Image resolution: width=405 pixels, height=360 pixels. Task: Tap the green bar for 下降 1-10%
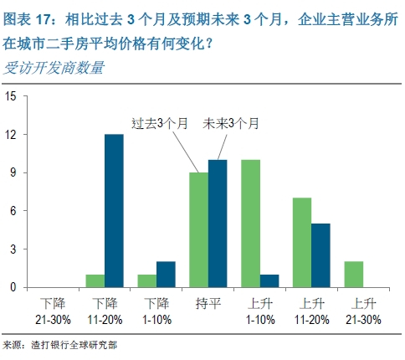click(147, 280)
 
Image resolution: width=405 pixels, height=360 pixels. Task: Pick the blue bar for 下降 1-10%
click(165, 275)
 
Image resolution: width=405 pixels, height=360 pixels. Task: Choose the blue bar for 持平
click(217, 224)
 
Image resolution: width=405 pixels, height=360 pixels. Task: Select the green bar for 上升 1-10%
click(250, 224)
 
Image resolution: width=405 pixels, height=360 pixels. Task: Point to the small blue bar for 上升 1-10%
click(269, 280)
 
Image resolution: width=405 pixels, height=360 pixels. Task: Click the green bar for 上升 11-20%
click(301, 242)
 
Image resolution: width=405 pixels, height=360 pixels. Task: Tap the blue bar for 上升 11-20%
click(320, 255)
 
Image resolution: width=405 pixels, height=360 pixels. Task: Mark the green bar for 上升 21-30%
click(354, 275)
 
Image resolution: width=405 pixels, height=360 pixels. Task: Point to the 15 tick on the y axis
click(11, 96)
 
